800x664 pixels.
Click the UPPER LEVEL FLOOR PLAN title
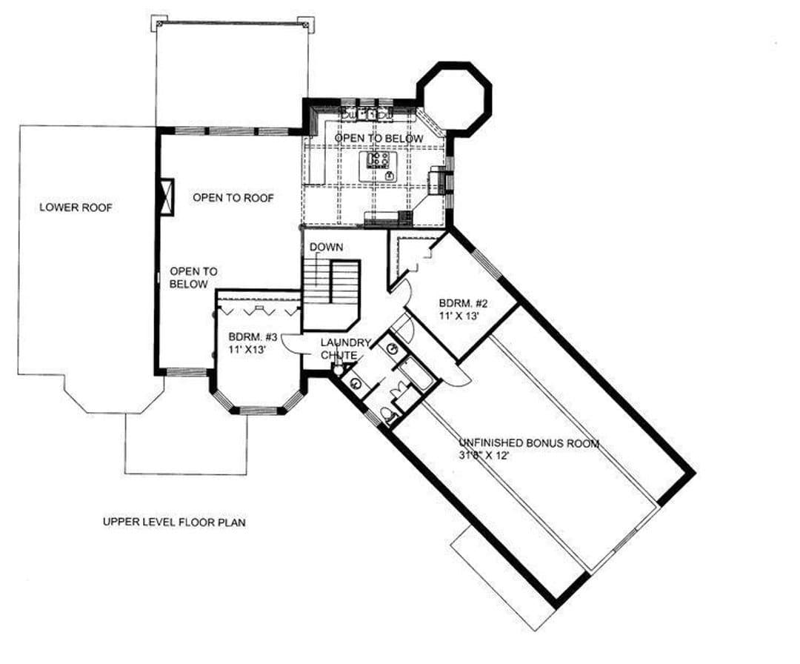pyautogui.click(x=174, y=522)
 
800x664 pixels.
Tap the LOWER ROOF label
pyautogui.click(x=76, y=207)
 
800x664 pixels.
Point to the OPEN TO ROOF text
pyautogui.click(x=233, y=198)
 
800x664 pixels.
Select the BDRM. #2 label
pyautogui.click(x=463, y=304)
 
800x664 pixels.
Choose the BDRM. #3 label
pyautogui.click(x=253, y=337)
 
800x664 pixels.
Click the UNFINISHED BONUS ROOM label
pyautogui.click(x=529, y=443)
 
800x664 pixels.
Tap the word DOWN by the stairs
pyautogui.click(x=326, y=247)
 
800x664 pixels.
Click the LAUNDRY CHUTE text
pyautogui.click(x=345, y=348)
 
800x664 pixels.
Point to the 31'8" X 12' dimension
pyautogui.click(x=484, y=455)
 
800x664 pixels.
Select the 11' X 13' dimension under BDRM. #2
pyautogui.click(x=459, y=316)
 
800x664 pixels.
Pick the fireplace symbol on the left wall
pyautogui.click(x=167, y=197)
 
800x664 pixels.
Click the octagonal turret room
pyautogui.click(x=455, y=98)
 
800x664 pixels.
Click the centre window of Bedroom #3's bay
pyautogui.click(x=259, y=409)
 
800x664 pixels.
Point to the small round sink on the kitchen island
pyautogui.click(x=390, y=176)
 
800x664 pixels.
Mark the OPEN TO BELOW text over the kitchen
pyautogui.click(x=379, y=139)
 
